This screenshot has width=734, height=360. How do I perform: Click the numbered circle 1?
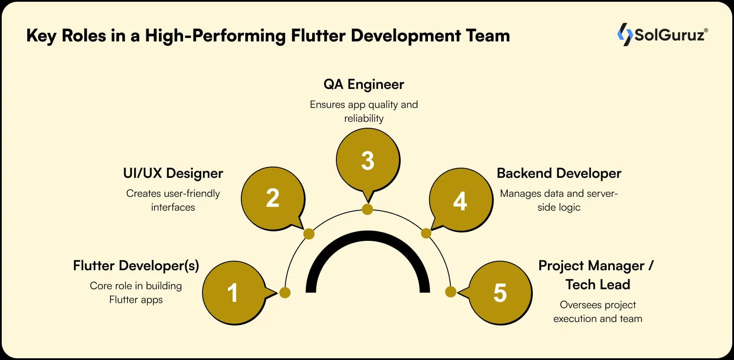(234, 293)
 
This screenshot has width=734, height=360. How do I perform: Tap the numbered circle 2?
(273, 199)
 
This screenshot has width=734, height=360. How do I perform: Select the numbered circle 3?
(368, 160)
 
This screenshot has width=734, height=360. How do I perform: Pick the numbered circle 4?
(461, 201)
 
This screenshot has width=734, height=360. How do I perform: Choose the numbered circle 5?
(500, 293)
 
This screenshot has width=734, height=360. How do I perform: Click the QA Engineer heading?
(364, 84)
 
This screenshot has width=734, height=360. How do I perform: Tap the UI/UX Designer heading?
(173, 173)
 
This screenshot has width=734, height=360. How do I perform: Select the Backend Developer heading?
(559, 173)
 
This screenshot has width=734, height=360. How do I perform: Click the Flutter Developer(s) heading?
(136, 265)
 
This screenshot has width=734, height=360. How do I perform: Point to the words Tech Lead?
(598, 284)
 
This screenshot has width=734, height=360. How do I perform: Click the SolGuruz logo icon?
(624, 35)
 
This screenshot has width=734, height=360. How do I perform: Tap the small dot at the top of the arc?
(367, 209)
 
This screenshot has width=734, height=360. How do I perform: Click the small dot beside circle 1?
(285, 293)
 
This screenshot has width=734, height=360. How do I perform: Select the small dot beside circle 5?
(450, 292)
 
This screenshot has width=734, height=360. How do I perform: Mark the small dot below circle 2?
(309, 234)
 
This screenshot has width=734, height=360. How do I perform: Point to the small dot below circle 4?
(426, 234)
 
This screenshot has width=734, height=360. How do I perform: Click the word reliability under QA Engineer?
(364, 118)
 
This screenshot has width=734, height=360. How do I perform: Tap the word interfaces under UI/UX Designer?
(173, 207)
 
